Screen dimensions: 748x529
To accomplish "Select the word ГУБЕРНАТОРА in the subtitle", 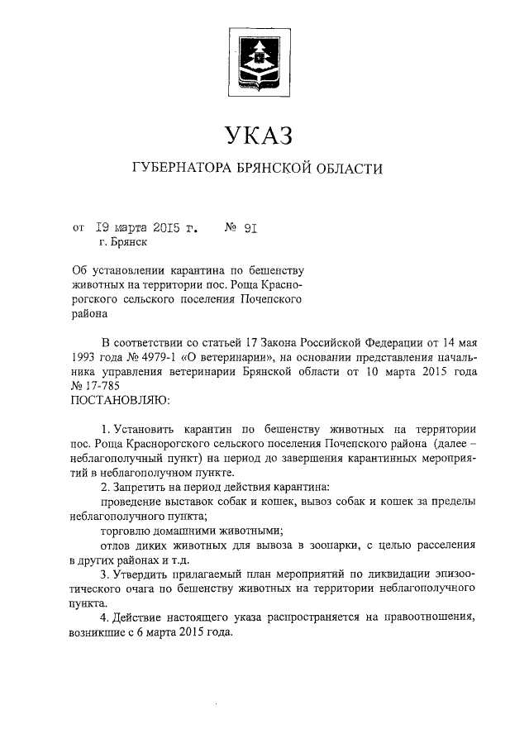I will tap(183, 169).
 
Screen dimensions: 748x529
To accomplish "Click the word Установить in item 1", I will tap(143, 431).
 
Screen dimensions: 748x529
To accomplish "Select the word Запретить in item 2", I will tap(142, 486).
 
